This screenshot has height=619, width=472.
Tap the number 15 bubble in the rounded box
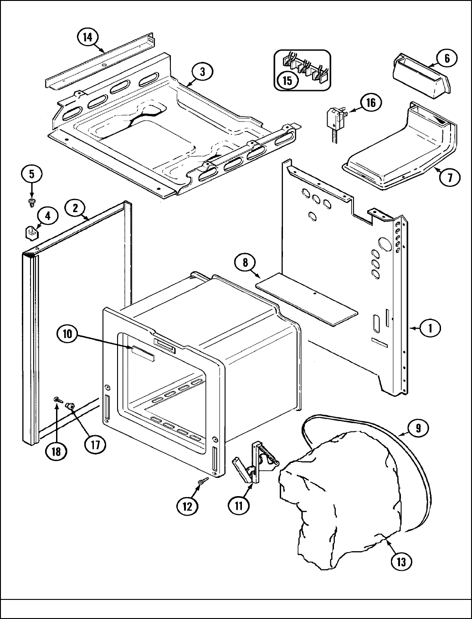287,80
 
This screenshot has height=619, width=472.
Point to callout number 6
446,58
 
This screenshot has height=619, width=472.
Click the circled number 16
371,102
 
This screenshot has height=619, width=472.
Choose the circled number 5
31,174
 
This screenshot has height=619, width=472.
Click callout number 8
245,263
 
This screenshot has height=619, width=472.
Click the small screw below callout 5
32,201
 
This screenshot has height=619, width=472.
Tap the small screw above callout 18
58,399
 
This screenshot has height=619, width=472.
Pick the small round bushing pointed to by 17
71,405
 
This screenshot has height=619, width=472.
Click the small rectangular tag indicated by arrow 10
144,353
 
